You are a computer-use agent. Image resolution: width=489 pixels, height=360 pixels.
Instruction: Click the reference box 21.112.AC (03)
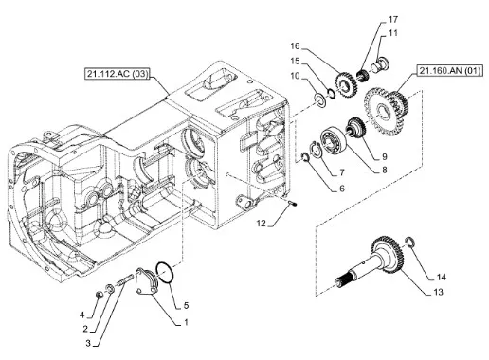(117, 74)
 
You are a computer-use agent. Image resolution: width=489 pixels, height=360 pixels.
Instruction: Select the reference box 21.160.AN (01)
(450, 71)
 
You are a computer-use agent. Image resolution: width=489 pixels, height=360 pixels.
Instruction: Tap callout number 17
(393, 20)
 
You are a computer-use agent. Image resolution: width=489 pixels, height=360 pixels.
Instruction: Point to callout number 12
(262, 224)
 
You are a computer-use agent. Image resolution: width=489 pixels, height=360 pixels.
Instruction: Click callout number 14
(442, 277)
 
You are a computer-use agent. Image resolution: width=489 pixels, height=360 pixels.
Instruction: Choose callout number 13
(439, 292)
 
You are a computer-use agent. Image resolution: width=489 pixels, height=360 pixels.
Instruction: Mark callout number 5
(186, 305)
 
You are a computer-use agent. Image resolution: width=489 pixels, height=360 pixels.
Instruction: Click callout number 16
(295, 46)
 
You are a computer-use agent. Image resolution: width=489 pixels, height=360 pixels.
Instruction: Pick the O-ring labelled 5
(165, 273)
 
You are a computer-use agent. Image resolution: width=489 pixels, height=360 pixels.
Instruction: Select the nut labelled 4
(100, 296)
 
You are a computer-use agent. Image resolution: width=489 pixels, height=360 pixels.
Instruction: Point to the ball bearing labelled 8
(334, 140)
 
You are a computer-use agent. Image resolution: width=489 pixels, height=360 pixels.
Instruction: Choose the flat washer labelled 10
(320, 100)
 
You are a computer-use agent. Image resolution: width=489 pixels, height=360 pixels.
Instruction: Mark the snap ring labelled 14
(409, 242)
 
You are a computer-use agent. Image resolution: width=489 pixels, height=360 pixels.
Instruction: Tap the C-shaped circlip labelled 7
(315, 150)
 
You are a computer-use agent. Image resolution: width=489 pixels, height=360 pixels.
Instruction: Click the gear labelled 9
(356, 127)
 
